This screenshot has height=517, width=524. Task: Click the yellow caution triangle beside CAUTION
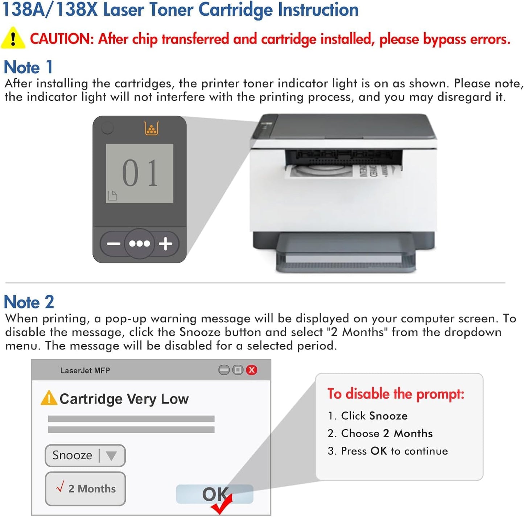[13, 38]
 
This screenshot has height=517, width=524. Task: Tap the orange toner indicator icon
[151, 128]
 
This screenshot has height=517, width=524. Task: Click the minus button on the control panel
[114, 243]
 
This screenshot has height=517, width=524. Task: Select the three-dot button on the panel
[140, 243]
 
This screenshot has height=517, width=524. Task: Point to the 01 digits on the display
[140, 173]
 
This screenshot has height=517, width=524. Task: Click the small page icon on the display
[112, 195]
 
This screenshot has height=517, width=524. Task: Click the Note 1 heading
[28, 67]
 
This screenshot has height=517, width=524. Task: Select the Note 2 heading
[29, 302]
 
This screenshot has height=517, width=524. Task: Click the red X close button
[251, 370]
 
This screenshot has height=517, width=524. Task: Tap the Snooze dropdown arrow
[111, 455]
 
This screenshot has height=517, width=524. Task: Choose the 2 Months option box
[85, 488]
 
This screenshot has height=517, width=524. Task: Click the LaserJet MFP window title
[85, 371]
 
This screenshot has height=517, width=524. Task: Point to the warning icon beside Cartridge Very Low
[49, 398]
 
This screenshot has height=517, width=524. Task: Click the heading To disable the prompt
[396, 394]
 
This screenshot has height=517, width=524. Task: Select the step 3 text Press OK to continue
[388, 451]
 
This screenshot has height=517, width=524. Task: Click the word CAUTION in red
[60, 39]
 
